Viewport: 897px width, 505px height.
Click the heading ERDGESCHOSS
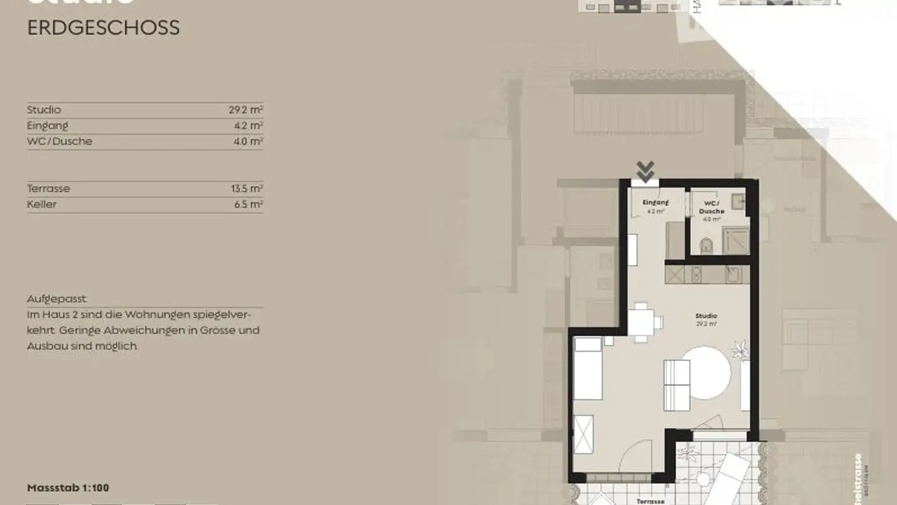tap(103, 28)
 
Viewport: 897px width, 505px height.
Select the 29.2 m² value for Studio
tap(245, 110)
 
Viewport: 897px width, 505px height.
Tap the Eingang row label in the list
tap(47, 125)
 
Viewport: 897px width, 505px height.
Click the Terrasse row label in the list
tap(49, 188)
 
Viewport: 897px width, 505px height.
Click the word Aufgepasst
tap(57, 299)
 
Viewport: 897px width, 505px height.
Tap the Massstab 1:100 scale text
tap(68, 488)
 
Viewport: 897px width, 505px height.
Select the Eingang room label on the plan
tap(655, 203)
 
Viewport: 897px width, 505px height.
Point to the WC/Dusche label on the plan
tap(711, 207)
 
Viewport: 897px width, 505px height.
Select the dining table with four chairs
tap(641, 322)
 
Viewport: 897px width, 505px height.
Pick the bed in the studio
tap(587, 368)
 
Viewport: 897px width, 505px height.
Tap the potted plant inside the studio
tap(741, 350)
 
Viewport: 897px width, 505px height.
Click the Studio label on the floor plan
tap(706, 317)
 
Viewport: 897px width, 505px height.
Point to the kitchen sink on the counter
tap(733, 274)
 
